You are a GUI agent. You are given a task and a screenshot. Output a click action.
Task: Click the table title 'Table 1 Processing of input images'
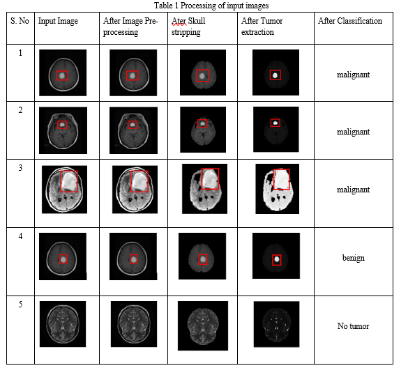pos(211,6)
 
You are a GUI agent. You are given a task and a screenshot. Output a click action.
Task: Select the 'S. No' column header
pos(20,21)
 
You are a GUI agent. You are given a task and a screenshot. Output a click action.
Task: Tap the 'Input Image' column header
pos(58,21)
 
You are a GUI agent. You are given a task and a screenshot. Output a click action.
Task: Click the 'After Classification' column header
pos(350,21)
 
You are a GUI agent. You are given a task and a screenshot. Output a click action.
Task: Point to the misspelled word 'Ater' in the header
pos(179,21)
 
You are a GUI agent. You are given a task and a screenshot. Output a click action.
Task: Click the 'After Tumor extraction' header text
pos(262,26)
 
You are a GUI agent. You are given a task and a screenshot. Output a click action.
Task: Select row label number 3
pos(20,168)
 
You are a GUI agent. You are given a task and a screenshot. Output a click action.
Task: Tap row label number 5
pos(20,305)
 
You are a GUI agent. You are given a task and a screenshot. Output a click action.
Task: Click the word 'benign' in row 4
pos(354,258)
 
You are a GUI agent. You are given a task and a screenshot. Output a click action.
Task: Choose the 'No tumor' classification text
pos(353,326)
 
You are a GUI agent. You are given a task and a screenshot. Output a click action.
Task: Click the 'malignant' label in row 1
pos(353,75)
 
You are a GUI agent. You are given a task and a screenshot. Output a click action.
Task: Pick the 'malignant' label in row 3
pos(353,190)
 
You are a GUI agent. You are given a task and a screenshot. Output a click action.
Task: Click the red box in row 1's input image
pos(56,75)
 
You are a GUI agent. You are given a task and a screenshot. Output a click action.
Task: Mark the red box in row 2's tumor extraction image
pos(271,123)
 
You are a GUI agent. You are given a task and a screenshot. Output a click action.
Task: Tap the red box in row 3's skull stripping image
pos(202,178)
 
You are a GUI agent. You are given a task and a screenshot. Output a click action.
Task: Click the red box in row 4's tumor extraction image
pos(273,260)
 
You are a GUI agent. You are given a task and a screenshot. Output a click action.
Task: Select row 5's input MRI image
pos(63,324)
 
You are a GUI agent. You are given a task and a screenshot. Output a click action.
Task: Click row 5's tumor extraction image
pos(277,324)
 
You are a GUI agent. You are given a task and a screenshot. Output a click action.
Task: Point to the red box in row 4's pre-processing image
pos(130,259)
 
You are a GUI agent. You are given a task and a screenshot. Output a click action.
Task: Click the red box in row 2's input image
pos(58,125)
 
